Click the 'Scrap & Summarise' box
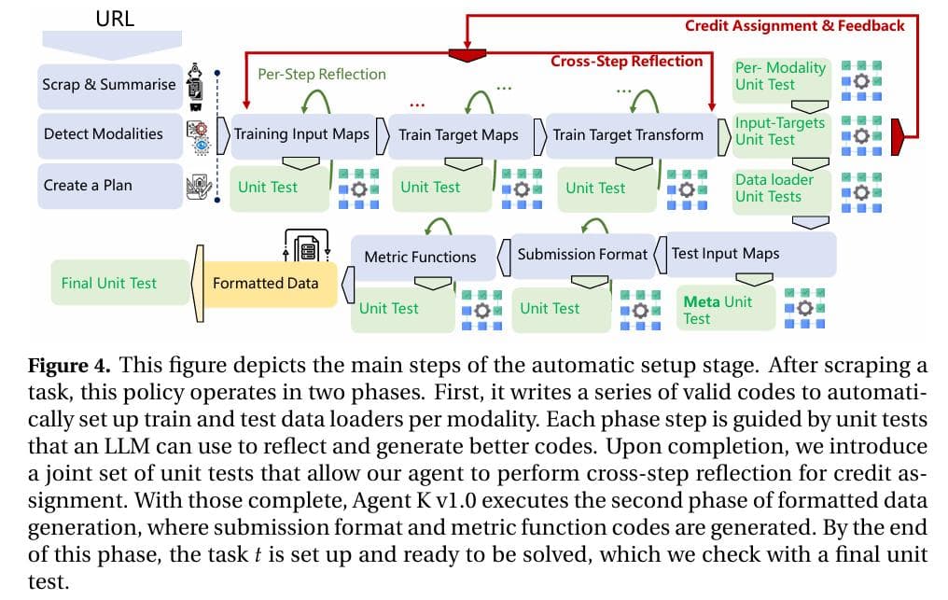coord(108,84)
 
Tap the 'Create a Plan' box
coord(88,185)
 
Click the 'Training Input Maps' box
coord(300,134)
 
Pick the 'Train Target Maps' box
coord(458,134)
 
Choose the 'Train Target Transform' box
coord(627,134)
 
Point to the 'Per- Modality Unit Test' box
coord(780,76)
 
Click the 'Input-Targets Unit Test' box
coord(780,131)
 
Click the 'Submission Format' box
coord(581,254)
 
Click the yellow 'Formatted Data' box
coord(266,283)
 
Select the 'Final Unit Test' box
coord(109,283)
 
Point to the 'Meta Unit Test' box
coord(723,309)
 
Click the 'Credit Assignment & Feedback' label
coord(794,25)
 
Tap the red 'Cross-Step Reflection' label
coord(626,61)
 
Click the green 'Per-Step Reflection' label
coord(321,74)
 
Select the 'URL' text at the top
coord(115,18)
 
